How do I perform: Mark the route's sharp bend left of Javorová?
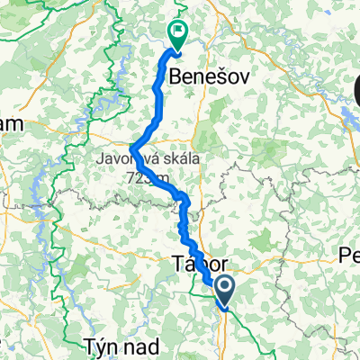[x=133, y=149]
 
